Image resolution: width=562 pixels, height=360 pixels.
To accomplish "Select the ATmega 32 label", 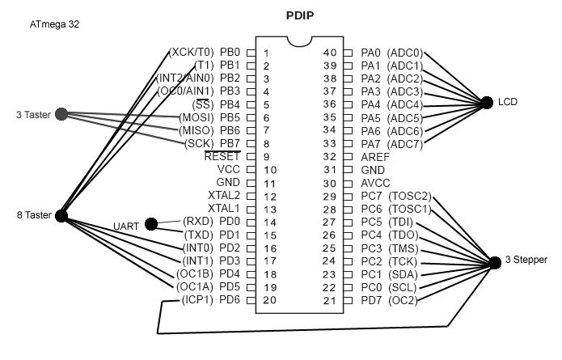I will click(55, 25).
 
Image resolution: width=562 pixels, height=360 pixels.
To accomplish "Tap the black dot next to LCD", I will click(486, 103).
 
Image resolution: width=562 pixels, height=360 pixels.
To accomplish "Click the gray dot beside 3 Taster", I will click(61, 115).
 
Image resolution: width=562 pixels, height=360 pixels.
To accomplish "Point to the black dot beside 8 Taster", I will click(61, 215).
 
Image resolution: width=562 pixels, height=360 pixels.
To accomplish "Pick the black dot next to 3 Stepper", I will click(495, 260).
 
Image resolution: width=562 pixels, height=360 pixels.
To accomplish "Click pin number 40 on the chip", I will click(329, 53).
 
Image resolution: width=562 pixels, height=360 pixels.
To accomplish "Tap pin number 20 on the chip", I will click(271, 300).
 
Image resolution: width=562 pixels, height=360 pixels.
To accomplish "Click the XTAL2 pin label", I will click(224, 196).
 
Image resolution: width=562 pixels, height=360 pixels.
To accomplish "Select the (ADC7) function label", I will click(405, 143).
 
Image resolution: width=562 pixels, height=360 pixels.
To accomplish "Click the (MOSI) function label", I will click(196, 117).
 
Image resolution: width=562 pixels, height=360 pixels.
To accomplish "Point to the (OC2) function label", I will click(404, 300).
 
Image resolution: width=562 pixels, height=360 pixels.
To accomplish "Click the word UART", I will click(125, 226).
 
